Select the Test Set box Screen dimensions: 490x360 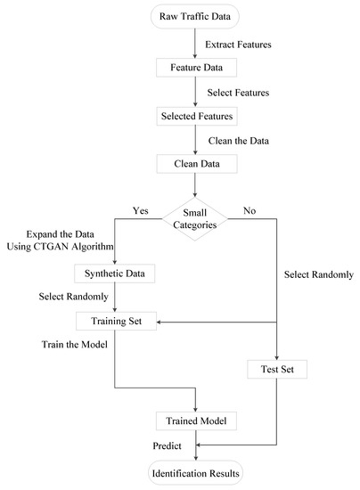(x=275, y=367)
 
